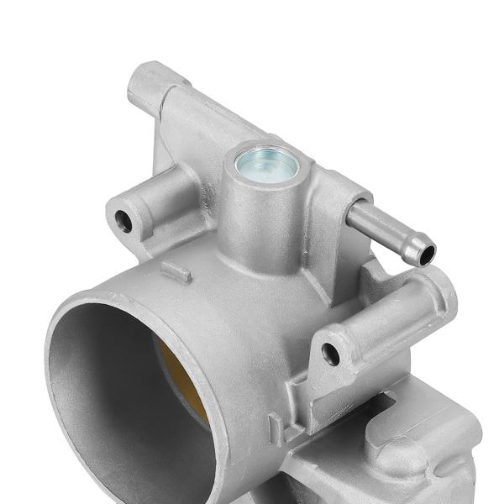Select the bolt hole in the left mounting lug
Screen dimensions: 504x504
(x=123, y=221)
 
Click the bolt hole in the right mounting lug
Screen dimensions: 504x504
(x=331, y=354)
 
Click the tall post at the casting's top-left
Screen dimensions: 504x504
(x=151, y=88)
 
